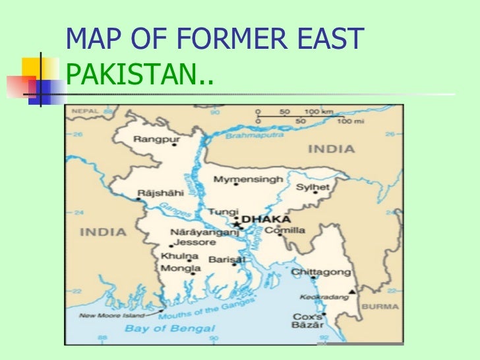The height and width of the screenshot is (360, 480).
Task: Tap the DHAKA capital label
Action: point(266,219)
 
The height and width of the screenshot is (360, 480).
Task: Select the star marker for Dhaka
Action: point(237,224)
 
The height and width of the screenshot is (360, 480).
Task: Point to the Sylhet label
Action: point(313,188)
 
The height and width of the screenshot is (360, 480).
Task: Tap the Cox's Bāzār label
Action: point(308,321)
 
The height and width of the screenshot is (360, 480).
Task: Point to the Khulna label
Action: point(175,256)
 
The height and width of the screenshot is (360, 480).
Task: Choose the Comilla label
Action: point(285,230)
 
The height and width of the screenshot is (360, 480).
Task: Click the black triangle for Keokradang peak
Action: point(353,291)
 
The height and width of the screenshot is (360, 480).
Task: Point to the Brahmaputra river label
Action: point(255,135)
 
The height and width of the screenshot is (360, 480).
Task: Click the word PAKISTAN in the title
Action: point(131,80)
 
